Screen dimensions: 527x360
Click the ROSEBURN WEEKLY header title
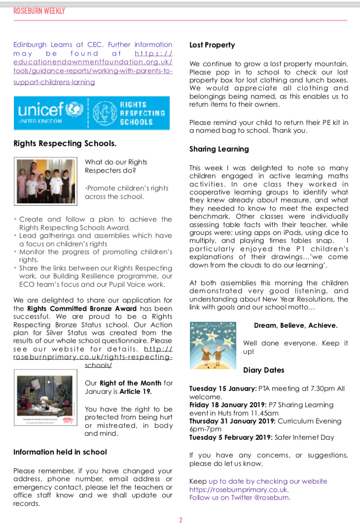pos(39,11)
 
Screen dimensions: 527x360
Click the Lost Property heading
pos(212,45)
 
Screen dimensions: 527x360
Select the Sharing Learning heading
pos(219,149)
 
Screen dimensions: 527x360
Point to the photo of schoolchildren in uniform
pos(45,181)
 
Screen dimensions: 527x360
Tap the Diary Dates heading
pos(263,370)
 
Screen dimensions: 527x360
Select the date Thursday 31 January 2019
pos(232,421)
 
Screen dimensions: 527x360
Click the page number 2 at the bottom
pos(180,520)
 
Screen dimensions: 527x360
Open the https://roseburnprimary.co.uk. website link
pos(239,489)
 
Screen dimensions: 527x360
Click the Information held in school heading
pos(60,452)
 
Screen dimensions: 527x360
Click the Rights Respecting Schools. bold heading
pos(65,144)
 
